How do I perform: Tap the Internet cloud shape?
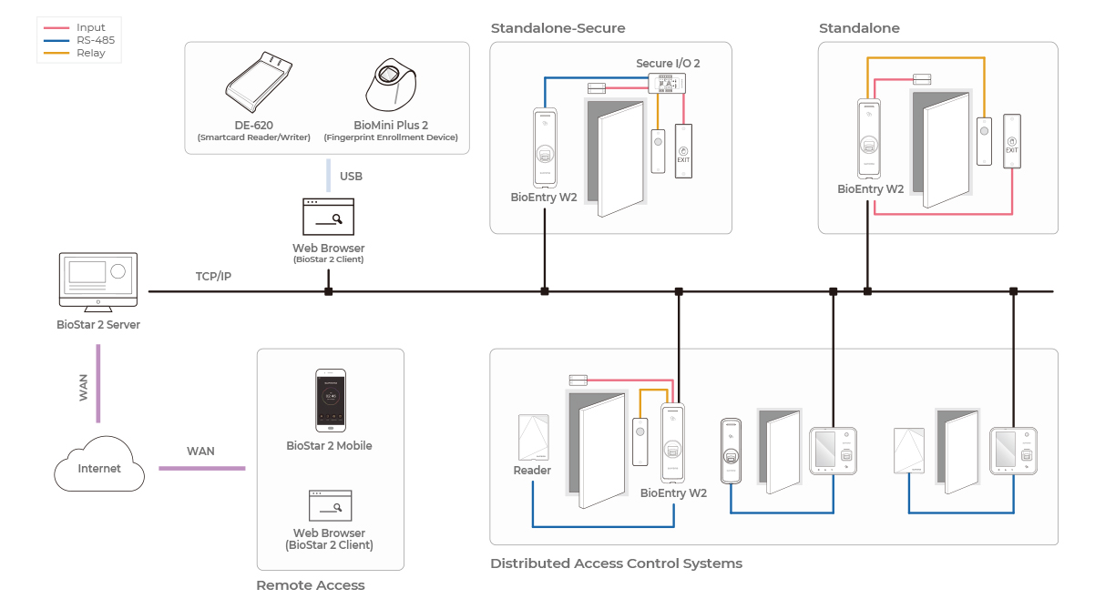(x=99, y=466)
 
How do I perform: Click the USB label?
(x=351, y=176)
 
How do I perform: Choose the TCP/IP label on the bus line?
(x=213, y=276)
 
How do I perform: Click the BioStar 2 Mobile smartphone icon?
(x=330, y=401)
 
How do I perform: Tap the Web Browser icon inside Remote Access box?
(x=330, y=505)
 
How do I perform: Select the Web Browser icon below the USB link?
(x=328, y=217)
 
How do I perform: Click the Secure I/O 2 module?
(x=667, y=84)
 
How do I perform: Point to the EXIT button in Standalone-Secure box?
(x=683, y=148)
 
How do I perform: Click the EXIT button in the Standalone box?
(x=1011, y=140)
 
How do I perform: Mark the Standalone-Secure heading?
(x=558, y=28)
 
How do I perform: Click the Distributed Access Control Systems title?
(x=616, y=563)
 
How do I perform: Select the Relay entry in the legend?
(x=90, y=53)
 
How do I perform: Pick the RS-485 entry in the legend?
(x=95, y=40)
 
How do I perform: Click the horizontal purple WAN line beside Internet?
(x=201, y=468)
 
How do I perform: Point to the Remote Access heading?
(x=310, y=585)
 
